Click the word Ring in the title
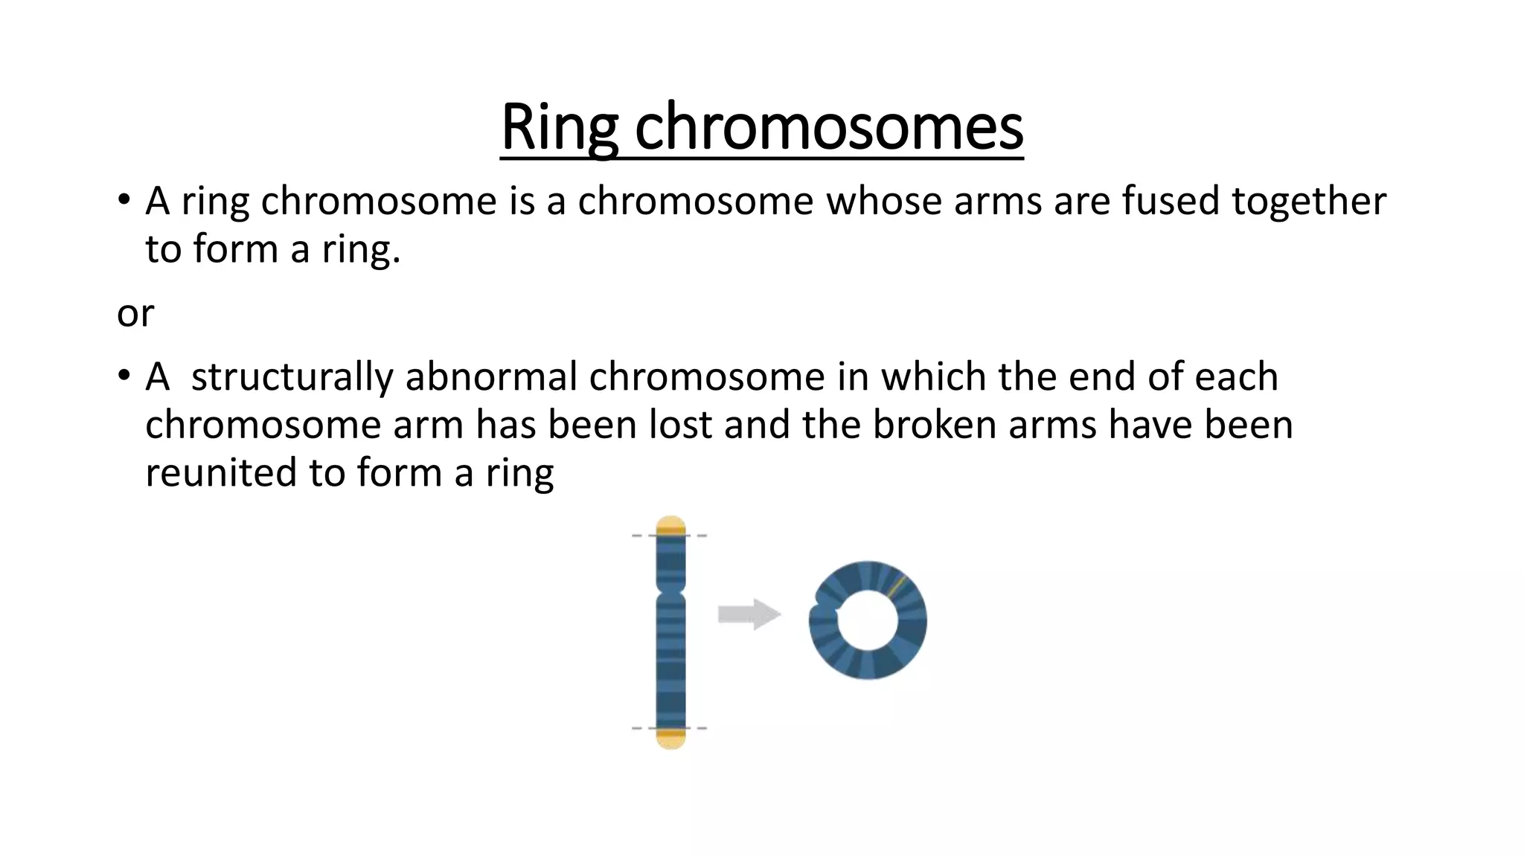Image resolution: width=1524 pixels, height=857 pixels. (x=559, y=128)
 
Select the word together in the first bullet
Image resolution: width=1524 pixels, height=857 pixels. (x=1309, y=202)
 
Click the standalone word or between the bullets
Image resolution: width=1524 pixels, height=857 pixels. (x=135, y=313)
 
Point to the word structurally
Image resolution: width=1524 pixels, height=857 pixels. (x=292, y=377)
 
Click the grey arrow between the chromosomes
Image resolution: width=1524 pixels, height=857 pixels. (x=749, y=614)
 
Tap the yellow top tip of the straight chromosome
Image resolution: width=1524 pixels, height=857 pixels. (x=670, y=524)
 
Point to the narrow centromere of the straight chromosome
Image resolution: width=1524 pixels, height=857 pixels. (x=670, y=596)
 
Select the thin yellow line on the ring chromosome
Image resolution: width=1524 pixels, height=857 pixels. (x=896, y=585)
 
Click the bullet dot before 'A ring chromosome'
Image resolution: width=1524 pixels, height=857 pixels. (x=124, y=201)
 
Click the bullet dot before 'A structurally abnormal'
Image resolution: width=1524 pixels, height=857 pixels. (x=124, y=376)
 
